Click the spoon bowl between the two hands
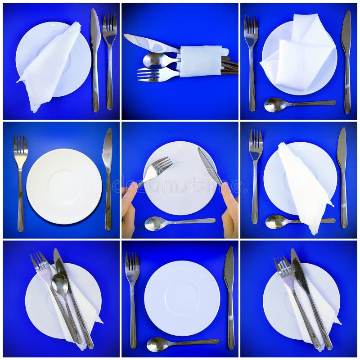154,223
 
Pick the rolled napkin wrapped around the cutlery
201,61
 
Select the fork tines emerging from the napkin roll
148,75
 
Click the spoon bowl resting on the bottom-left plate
60,283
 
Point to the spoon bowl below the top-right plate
274,105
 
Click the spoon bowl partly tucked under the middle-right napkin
276,221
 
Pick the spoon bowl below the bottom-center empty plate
157,344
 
